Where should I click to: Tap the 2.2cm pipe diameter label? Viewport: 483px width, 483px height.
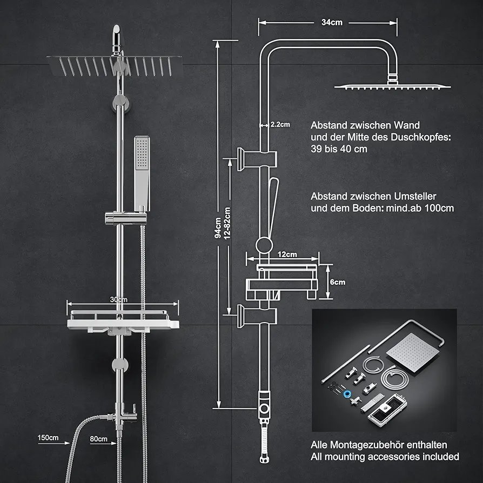tap(279, 124)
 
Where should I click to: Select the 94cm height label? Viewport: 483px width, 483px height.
tap(217, 227)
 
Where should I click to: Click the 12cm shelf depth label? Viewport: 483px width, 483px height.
tap(287, 254)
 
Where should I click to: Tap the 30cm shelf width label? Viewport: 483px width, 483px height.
tap(119, 299)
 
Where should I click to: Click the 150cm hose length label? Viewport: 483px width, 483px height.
tap(48, 438)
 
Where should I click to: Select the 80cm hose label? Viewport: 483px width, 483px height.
tap(98, 439)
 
